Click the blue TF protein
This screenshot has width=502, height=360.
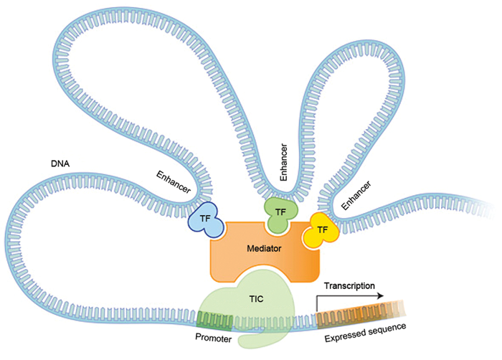[205, 222]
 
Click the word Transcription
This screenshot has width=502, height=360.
[349, 285]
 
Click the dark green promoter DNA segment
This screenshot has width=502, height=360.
[216, 319]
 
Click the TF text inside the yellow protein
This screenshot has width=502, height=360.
[323, 229]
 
